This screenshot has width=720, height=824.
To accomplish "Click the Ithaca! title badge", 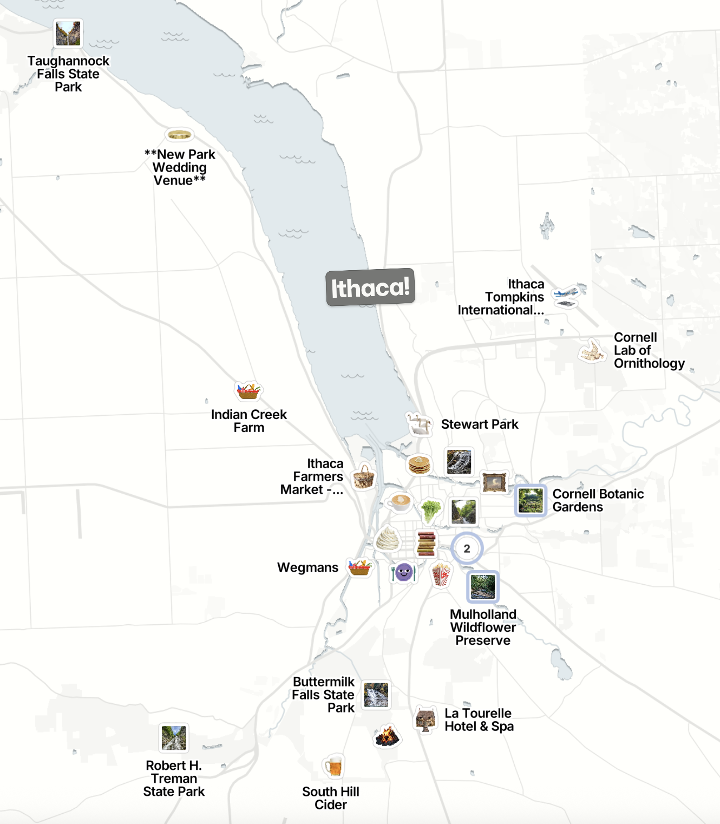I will [370, 287].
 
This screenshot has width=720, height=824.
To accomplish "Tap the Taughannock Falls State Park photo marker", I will [69, 34].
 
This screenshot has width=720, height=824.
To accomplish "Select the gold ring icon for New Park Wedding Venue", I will [179, 134].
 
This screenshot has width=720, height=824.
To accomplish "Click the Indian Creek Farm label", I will [248, 421].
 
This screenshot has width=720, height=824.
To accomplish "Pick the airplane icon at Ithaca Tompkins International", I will [566, 296].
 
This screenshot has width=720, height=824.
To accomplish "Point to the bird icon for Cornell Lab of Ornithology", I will [591, 351].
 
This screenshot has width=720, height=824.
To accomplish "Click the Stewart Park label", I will [480, 424].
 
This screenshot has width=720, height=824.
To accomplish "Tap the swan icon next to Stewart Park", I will [419, 424].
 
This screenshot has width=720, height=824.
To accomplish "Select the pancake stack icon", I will [420, 465].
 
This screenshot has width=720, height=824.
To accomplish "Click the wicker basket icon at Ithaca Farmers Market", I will [364, 478].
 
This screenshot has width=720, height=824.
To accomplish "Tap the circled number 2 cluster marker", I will [467, 548].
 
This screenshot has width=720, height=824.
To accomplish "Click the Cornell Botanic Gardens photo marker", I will [531, 500].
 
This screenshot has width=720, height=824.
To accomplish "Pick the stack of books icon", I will [427, 543].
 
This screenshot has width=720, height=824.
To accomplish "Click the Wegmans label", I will [307, 567].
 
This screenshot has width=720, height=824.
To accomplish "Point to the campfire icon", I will [387, 736].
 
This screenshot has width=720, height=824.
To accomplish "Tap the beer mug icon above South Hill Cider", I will [333, 766].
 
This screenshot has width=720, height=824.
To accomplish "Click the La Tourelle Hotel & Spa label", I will [479, 720].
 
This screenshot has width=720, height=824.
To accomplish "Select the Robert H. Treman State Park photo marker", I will [174, 738].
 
